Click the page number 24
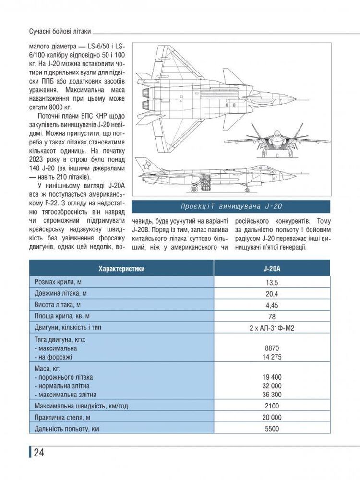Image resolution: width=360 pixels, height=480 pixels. pyautogui.click(x=38, y=453)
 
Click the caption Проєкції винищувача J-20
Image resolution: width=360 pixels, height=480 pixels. pyautogui.click(x=231, y=207)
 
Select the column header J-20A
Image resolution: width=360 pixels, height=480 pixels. pyautogui.click(x=272, y=268)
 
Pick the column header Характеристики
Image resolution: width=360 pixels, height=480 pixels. pyautogui.click(x=121, y=268)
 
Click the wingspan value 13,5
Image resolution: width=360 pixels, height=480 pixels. pyautogui.click(x=272, y=282)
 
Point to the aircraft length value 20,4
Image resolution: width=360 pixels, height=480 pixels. pyautogui.click(x=272, y=294)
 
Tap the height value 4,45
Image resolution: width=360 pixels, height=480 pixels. pyautogui.click(x=272, y=305)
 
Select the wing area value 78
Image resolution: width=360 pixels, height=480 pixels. pyautogui.click(x=272, y=317)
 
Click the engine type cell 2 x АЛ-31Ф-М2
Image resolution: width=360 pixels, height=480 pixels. pyautogui.click(x=272, y=328)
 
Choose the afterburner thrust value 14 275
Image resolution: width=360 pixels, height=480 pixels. pyautogui.click(x=272, y=357)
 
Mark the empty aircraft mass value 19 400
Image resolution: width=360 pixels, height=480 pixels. pyautogui.click(x=272, y=377)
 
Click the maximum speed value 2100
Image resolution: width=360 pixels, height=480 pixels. pyautogui.click(x=272, y=406)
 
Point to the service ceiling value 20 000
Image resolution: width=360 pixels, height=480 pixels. pyautogui.click(x=272, y=418)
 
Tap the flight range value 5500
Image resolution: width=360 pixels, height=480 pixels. pyautogui.click(x=272, y=429)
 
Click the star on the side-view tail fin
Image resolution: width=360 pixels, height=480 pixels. pyautogui.click(x=144, y=167)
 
